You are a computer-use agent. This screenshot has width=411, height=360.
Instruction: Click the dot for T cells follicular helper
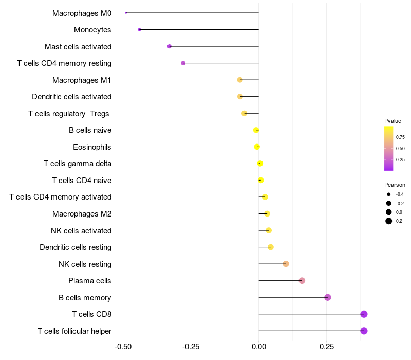click(x=364, y=331)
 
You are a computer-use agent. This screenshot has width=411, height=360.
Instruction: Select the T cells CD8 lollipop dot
click(x=364, y=314)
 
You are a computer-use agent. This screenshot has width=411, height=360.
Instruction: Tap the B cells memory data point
click(x=328, y=297)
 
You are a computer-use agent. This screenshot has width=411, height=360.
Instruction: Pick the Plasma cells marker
click(x=302, y=281)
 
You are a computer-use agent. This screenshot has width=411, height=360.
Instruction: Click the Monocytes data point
click(x=139, y=30)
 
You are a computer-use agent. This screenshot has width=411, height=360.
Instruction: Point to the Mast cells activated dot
click(x=170, y=46)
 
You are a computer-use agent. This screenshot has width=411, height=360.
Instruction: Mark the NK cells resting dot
click(x=286, y=264)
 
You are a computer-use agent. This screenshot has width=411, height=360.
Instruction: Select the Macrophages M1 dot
click(x=240, y=80)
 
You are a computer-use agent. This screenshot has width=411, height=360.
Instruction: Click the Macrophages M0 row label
click(x=82, y=13)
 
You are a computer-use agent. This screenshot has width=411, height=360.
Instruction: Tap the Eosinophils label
click(x=92, y=147)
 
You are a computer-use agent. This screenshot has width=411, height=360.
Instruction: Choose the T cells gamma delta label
click(x=78, y=164)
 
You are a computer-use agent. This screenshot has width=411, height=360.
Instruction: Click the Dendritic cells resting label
click(x=76, y=247)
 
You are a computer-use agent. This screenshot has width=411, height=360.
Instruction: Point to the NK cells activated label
click(x=81, y=230)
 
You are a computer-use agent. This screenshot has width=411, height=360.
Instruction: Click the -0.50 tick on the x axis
click(x=123, y=347)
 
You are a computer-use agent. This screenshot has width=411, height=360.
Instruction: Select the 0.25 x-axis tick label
click(x=327, y=347)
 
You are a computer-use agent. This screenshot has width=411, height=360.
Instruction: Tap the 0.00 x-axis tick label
click(x=259, y=347)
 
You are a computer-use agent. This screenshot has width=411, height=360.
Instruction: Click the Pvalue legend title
click(x=393, y=121)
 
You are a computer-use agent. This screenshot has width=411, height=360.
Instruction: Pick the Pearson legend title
click(x=395, y=185)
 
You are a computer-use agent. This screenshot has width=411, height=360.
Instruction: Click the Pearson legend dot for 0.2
click(x=389, y=221)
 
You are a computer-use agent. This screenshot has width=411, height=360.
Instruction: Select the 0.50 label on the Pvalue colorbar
click(x=400, y=149)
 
